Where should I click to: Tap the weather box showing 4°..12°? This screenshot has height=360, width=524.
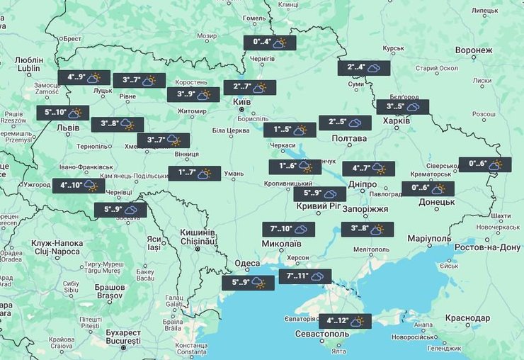[345, 322]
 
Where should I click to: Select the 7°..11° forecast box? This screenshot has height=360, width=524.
[305, 276]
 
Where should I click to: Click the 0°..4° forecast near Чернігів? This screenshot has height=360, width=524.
[269, 43]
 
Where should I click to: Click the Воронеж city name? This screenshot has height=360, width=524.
[474, 51]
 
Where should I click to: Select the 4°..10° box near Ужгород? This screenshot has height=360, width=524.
[78, 186]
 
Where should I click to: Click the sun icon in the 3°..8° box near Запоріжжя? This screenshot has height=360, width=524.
[377, 229]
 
